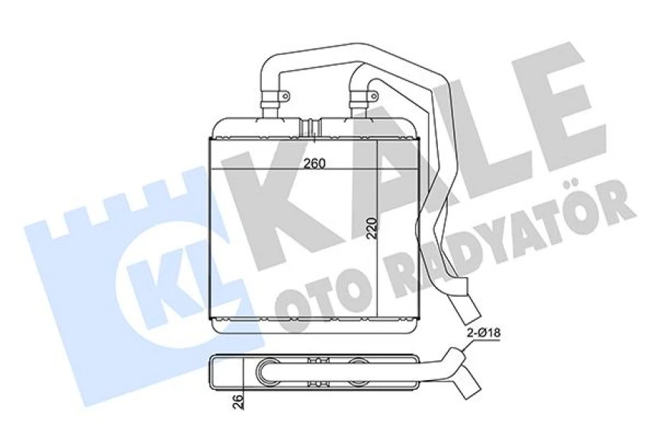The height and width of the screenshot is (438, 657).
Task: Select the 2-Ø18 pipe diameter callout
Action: [x=484, y=333]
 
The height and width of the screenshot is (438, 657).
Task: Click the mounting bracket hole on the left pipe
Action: [x=285, y=96]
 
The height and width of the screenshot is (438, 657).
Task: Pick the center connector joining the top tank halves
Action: [x=311, y=127]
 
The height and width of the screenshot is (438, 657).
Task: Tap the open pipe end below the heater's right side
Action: [x=466, y=310]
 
